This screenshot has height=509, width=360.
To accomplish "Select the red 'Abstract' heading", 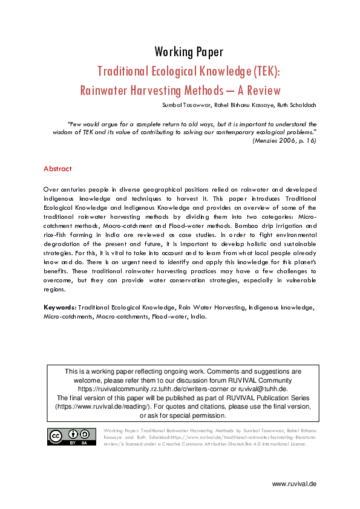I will pyautogui.click(x=57, y=169).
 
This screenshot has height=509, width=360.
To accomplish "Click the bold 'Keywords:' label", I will pyautogui.click(x=60, y=307).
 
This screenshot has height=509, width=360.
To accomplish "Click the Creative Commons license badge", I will pyautogui.click(x=72, y=436).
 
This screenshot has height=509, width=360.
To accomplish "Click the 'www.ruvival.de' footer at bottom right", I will pyautogui.click(x=294, y=484).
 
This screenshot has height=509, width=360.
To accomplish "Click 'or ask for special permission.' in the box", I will pyautogui.click(x=183, y=415).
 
